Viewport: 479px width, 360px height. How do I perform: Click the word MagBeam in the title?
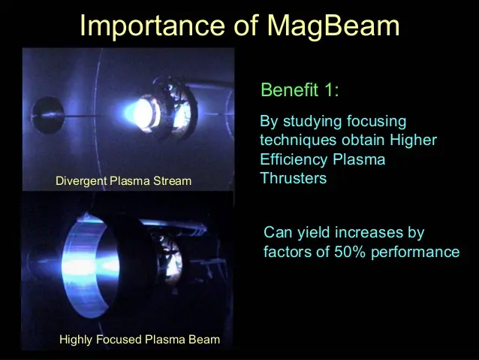point(333,26)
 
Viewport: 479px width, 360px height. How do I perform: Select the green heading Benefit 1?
point(300,90)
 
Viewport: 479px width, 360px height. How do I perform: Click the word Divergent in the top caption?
point(81,181)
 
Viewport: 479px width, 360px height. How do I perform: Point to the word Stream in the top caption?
point(172,181)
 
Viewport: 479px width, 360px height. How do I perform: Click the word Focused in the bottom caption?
point(119,340)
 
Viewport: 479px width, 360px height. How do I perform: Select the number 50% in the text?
point(351,252)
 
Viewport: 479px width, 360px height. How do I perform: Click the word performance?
point(415,253)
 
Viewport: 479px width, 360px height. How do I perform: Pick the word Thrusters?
point(294,178)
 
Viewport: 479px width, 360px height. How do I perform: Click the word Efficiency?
point(294,160)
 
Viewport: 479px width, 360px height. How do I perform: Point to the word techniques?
point(298,141)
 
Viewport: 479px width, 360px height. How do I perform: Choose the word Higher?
point(414,141)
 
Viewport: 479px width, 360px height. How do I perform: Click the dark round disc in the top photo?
point(48,115)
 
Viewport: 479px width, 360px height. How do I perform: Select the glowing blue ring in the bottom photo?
point(86,265)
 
